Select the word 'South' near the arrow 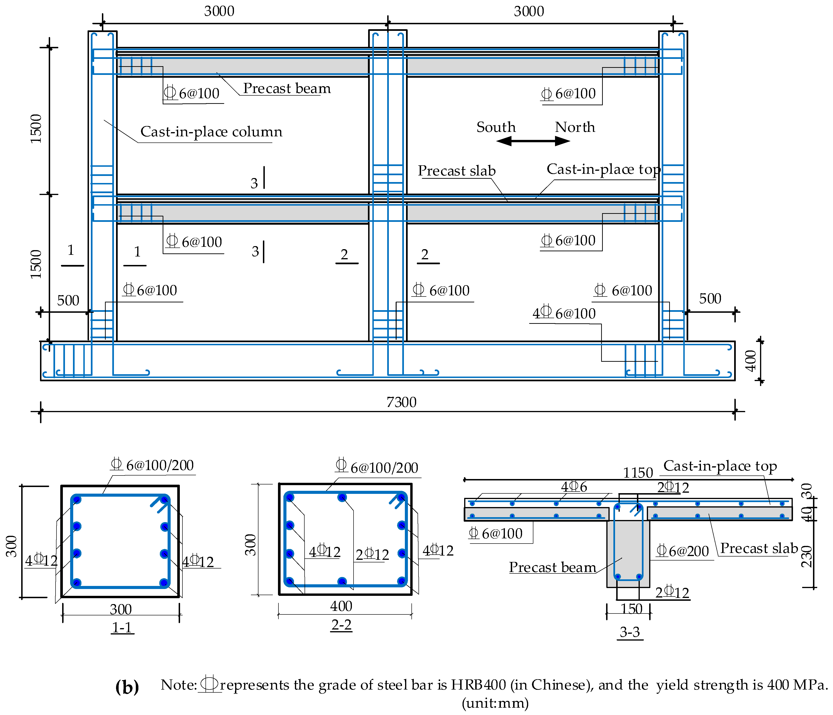496,127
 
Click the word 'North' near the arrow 575,127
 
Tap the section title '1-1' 122,627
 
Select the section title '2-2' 341,625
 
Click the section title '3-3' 630,632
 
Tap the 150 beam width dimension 631,609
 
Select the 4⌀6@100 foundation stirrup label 564,313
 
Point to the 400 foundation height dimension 750,361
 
